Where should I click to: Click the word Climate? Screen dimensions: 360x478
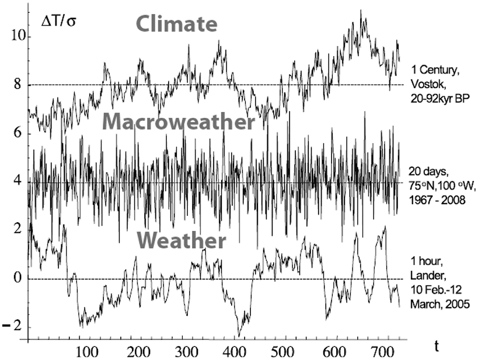[x=177, y=24]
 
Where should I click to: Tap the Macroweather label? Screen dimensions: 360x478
[x=179, y=123]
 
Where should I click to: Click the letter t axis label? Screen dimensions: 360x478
[x=437, y=346]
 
